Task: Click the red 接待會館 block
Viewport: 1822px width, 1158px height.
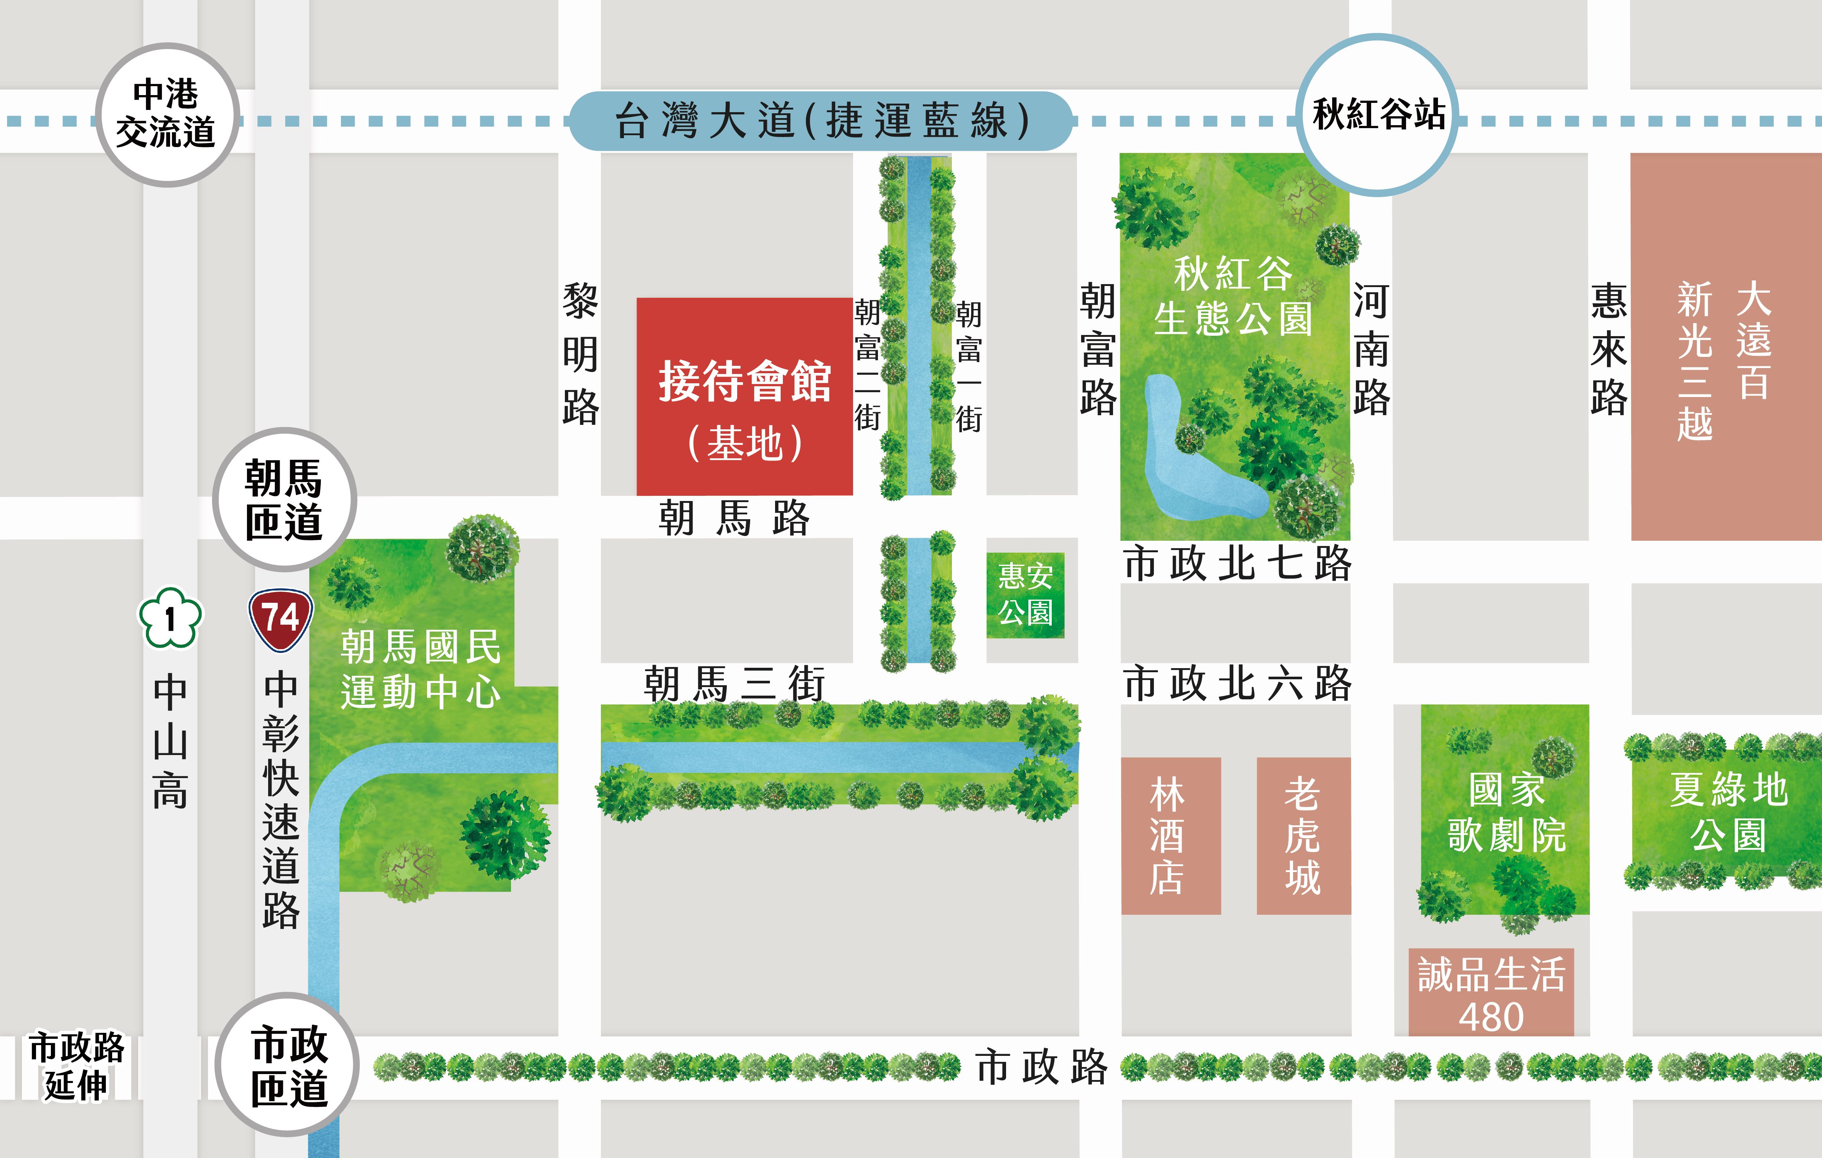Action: (745, 397)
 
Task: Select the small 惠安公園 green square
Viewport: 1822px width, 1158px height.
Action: (1025, 595)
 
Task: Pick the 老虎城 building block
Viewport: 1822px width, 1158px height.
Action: (1303, 836)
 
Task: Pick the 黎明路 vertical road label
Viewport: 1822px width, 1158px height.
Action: (580, 354)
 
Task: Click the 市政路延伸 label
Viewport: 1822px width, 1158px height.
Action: (76, 1066)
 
